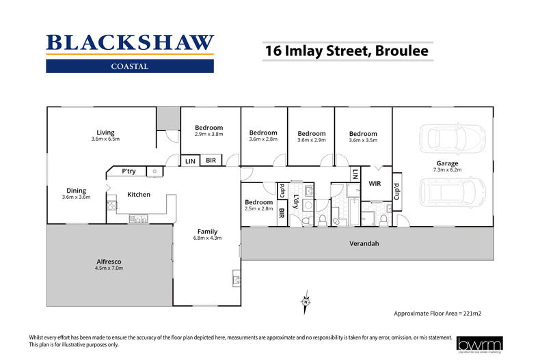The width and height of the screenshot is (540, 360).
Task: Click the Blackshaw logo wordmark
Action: (130, 42)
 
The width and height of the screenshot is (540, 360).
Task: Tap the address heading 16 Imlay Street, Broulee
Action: (348, 51)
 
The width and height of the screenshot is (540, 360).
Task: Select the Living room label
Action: (105, 133)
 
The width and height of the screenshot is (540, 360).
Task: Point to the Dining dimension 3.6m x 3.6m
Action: (76, 197)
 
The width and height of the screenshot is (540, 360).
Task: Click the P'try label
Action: (128, 171)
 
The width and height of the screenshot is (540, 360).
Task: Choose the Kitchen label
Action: (139, 195)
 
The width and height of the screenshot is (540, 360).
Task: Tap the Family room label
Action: (208, 231)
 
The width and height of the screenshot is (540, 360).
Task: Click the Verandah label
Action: (365, 244)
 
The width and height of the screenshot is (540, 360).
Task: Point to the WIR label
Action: (375, 184)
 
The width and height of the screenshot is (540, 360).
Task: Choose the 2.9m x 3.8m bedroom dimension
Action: (208, 135)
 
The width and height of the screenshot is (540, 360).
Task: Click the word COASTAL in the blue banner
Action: (130, 66)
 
